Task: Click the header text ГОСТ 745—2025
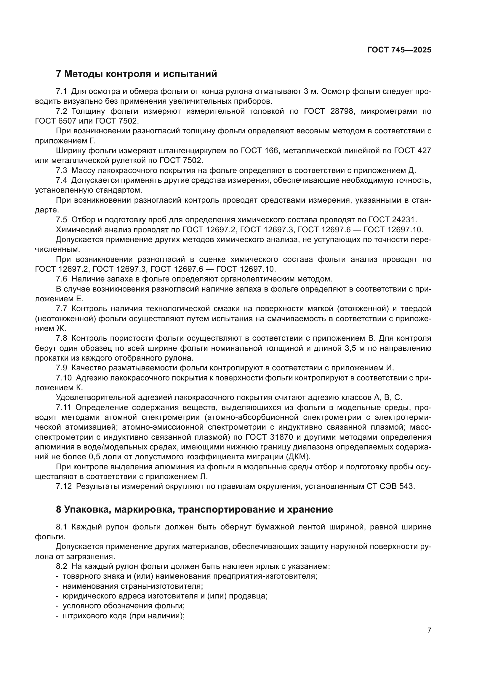tap(399, 50)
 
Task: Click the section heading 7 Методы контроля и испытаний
tap(136, 74)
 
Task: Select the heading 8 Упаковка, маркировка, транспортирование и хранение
tap(194, 510)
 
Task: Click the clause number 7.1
tap(61, 92)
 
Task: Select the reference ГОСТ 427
tap(412, 151)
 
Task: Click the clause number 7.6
tap(61, 279)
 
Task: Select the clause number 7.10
tap(64, 378)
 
